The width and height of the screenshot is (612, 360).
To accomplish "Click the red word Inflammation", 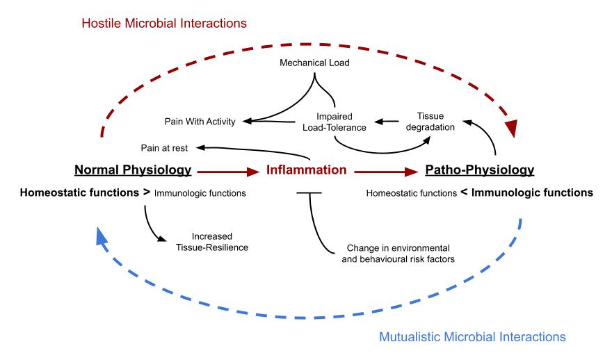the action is point(307,170).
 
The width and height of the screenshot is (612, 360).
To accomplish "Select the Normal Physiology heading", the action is point(133,170).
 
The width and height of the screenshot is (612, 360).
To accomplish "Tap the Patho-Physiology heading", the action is point(480,170).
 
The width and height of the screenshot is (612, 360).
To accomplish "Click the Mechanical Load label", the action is point(314,63).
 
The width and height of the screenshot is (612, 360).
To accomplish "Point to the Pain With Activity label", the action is point(200,122).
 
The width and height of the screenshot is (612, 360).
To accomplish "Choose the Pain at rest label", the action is point(164,148).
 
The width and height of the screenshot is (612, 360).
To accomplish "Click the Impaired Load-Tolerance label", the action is point(335,122).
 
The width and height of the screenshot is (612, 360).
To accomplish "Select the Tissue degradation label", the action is point(430,122).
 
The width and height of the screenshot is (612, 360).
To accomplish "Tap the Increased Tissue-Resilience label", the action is point(212,242).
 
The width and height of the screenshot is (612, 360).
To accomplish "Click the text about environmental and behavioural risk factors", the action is point(398,254).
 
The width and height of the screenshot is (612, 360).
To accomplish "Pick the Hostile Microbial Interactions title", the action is point(164,24).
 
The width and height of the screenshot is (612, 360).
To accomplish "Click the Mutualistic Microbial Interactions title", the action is point(472,336).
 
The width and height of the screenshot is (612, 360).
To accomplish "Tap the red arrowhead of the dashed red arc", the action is point(511,129).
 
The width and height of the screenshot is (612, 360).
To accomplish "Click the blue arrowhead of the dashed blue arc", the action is point(102,236).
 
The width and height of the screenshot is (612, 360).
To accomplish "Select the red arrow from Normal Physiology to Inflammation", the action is point(228,171).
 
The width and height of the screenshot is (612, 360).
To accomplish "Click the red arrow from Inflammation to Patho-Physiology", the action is point(386,171).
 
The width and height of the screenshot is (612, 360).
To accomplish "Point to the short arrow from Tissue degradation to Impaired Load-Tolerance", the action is point(387,122).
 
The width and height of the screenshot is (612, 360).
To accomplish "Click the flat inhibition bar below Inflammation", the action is point(309,193).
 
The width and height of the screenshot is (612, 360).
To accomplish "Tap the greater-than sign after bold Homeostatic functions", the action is point(146,193).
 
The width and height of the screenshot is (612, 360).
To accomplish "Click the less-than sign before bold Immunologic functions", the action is point(464,193).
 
